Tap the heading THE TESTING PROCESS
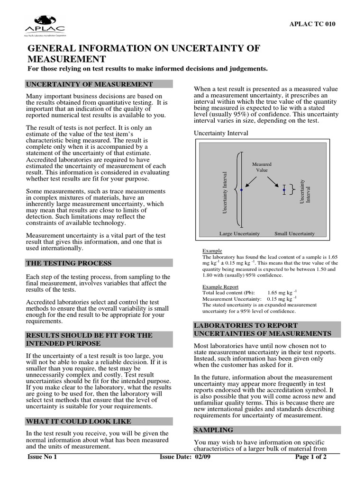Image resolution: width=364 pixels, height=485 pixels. tap(69, 263)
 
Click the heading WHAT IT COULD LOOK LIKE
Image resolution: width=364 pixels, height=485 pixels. tap(78, 421)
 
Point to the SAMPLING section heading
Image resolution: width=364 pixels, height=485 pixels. tap(214, 430)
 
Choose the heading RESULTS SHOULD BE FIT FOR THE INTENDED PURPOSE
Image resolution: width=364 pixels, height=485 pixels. tap(89, 339)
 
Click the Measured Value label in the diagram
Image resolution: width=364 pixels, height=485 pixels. tap(262, 167)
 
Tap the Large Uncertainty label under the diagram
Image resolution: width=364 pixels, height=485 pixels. tap(239, 234)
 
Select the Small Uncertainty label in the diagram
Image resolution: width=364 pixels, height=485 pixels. tap(294, 234)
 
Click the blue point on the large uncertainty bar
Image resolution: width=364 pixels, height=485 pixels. tap(241, 189)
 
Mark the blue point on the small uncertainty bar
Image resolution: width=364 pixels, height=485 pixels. tap(284, 190)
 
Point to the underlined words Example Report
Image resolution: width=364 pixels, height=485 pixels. tap(220, 287)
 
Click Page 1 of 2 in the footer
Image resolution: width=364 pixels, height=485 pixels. tap(310, 457)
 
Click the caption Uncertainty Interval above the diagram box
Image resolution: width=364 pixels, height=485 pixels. tap(221, 134)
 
